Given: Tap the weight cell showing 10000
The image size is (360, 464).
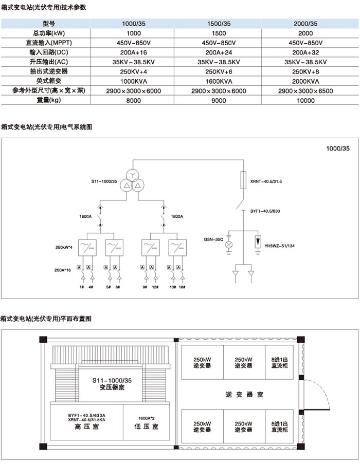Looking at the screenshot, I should tap(305, 101).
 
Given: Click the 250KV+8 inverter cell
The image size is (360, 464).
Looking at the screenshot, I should tap(305, 71).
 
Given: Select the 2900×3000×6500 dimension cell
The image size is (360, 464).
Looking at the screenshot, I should tap(305, 91).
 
